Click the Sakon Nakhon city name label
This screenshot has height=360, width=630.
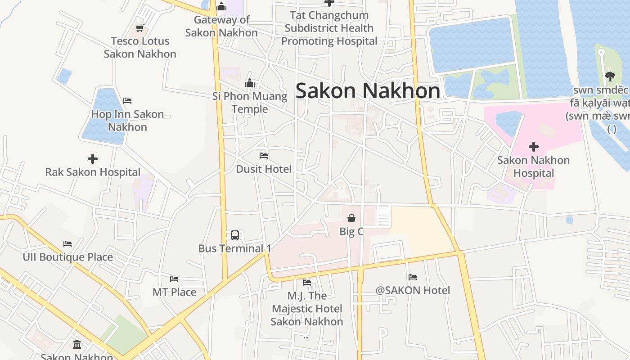(x=368, y=91)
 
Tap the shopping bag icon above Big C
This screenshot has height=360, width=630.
(x=351, y=218)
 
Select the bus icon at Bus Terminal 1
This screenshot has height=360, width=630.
(x=235, y=235)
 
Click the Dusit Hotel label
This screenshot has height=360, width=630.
(x=264, y=169)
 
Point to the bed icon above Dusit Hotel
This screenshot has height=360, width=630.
(x=264, y=156)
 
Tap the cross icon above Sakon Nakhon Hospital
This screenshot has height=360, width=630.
(x=534, y=147)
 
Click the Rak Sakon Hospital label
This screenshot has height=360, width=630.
(x=93, y=172)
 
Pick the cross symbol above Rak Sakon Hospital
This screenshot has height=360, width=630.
(x=93, y=159)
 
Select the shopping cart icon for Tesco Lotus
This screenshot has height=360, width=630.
(x=140, y=28)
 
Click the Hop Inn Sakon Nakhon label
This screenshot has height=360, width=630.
(x=127, y=120)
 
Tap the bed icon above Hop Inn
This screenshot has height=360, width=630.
(x=127, y=100)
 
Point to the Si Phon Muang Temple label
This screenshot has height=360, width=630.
(x=250, y=103)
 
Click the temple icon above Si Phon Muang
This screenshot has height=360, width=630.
(x=250, y=83)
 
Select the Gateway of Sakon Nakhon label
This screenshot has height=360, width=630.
(x=221, y=26)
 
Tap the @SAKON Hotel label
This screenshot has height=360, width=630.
(x=413, y=290)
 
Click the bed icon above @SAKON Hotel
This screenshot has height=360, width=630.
(x=413, y=277)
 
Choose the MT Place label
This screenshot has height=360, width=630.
(x=174, y=292)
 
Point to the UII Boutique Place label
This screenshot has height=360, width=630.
(x=67, y=257)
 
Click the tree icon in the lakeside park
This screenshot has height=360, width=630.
(x=610, y=76)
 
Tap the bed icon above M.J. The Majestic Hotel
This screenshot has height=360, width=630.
(x=307, y=283)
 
